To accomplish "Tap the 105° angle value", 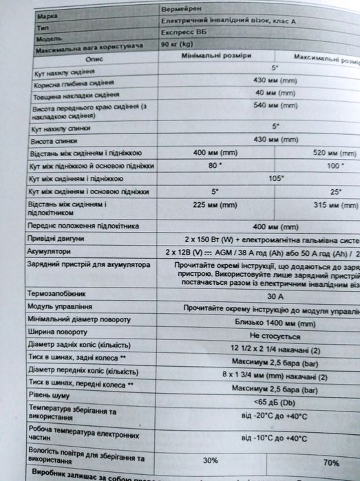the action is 276,178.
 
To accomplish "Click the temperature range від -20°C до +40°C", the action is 274,416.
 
